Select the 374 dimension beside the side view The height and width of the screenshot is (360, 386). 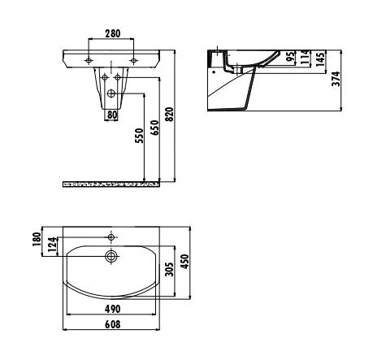click(x=336, y=77)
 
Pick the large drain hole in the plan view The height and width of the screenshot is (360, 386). click(x=111, y=257)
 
